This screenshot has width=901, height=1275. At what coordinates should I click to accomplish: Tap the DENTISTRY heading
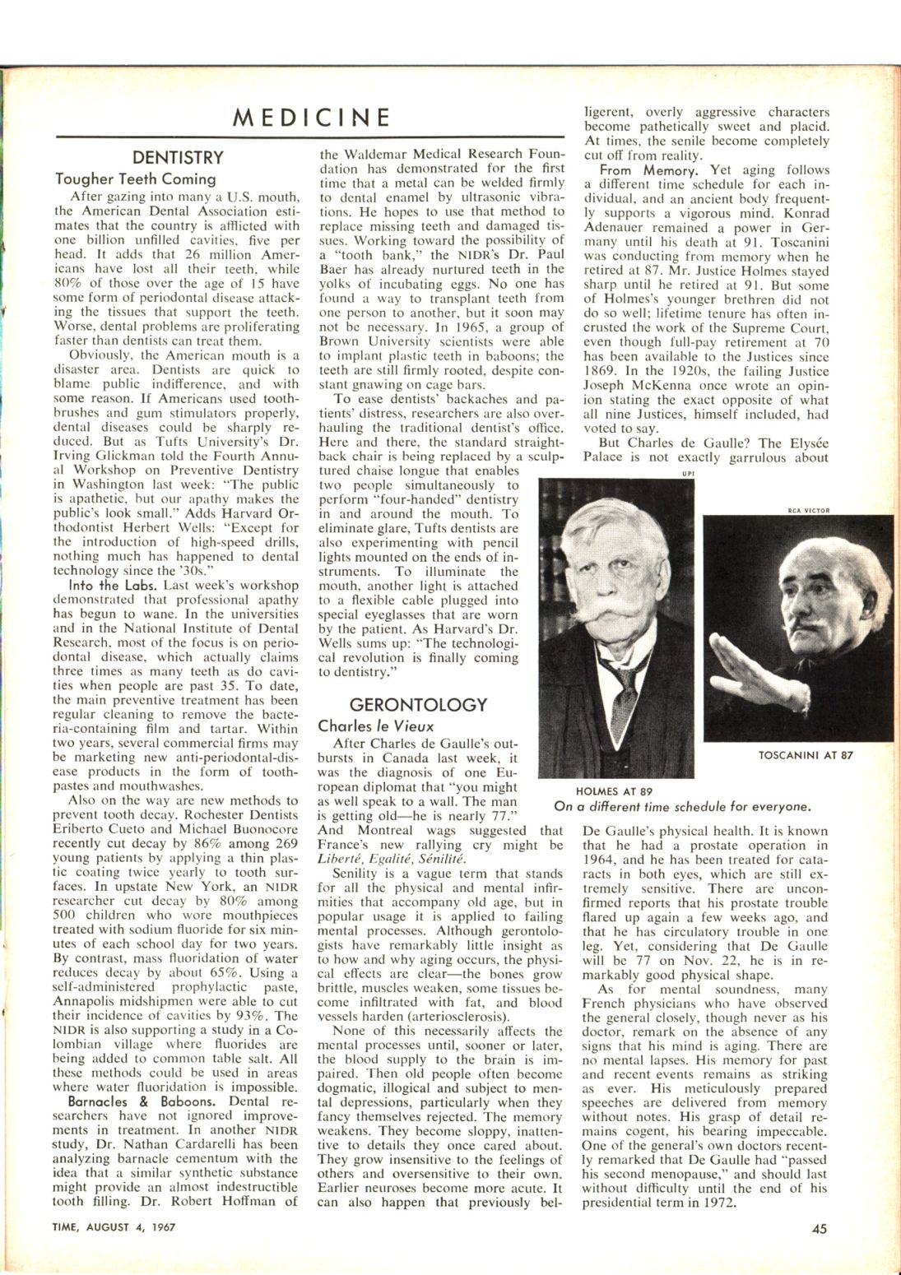click(x=178, y=157)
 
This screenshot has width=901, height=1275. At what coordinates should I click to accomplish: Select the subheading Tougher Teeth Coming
click(x=136, y=178)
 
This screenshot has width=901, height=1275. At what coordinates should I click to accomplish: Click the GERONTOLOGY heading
click(x=418, y=705)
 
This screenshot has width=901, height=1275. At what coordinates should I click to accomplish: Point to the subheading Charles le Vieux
click(x=375, y=726)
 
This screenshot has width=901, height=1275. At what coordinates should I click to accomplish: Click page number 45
click(x=819, y=1229)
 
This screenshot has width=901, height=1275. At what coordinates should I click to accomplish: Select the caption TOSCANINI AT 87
click(x=806, y=755)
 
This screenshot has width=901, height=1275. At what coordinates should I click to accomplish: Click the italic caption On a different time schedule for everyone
click(x=683, y=806)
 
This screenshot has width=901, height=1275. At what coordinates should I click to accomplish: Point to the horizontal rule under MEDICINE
click(x=310, y=136)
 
